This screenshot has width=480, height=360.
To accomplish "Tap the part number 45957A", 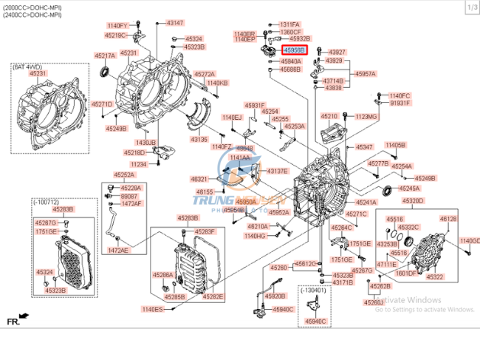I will [366, 74].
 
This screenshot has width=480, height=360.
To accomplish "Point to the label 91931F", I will [400, 103].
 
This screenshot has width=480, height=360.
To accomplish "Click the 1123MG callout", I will [366, 116].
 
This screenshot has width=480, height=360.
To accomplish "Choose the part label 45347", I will [365, 147].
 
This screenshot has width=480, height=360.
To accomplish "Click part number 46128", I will [448, 219].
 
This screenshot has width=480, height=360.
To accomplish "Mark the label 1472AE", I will [118, 251].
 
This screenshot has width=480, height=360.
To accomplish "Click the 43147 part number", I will [175, 23].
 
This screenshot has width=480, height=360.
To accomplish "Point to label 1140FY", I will [117, 26].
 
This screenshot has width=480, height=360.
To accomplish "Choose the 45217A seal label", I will [104, 55].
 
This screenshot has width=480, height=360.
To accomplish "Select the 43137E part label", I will [278, 171].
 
